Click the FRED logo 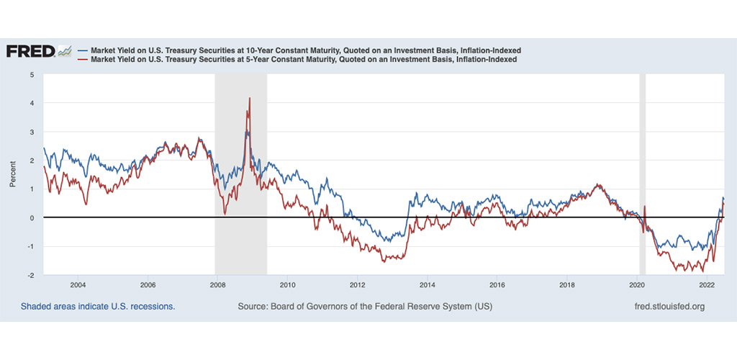point(30,51)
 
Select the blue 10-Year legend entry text point(303,50)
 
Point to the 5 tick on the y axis point(32,74)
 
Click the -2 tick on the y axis point(30,275)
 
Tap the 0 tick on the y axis point(32,217)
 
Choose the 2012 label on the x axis point(357,284)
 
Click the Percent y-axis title point(13,174)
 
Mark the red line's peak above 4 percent point(249,99)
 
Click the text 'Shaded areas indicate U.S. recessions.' point(98,307)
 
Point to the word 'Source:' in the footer point(254,307)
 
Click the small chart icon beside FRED point(65,50)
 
